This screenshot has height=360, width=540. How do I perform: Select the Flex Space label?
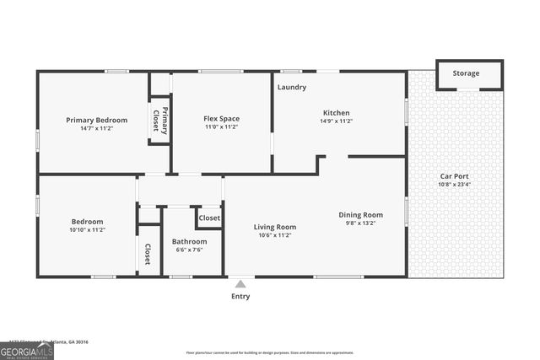[221, 119]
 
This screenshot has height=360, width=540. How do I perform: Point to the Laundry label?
[292, 87]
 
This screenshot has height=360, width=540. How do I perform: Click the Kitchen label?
[336, 113]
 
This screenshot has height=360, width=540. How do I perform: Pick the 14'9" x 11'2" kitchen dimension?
[336, 121]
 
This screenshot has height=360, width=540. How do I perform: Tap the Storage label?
[466, 73]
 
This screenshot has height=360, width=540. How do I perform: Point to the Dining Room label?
[361, 215]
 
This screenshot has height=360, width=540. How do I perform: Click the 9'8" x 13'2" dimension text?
[361, 223]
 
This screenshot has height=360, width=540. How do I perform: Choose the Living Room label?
[275, 227]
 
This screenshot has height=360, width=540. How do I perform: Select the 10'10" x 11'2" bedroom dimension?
[87, 229]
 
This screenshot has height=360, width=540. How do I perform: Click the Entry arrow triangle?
[240, 283]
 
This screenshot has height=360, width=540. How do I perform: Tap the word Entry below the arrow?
[240, 296]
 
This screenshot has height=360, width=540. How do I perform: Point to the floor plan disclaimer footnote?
[270, 352]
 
